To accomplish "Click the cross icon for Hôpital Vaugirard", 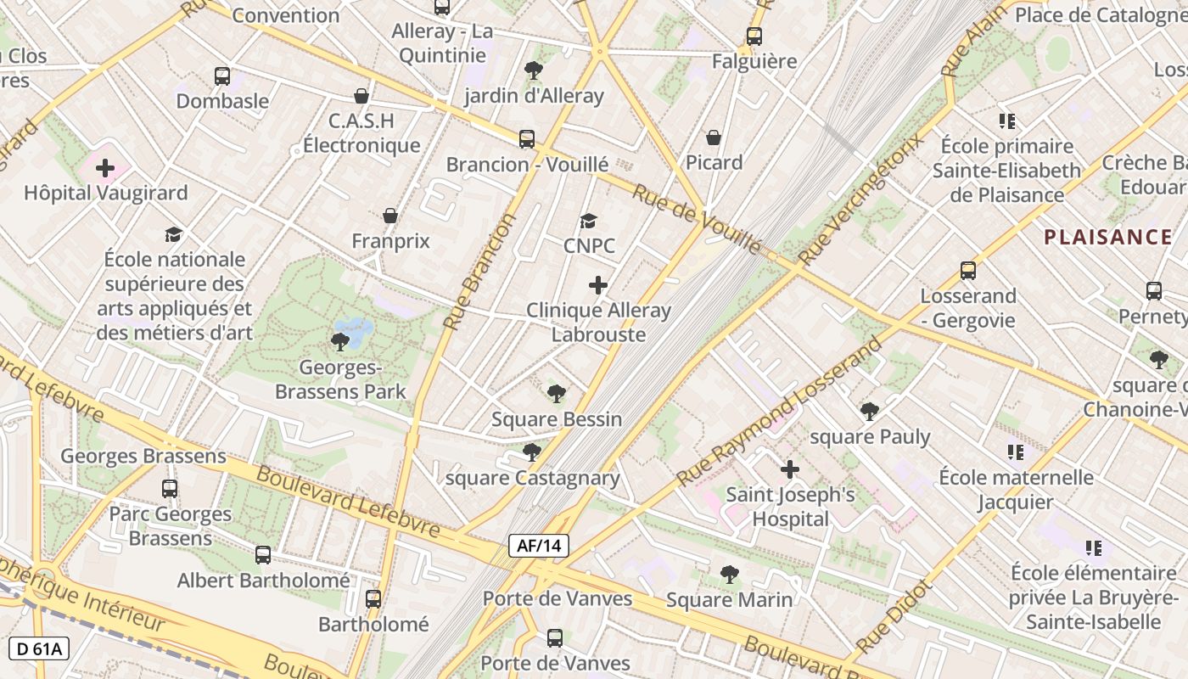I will pos(105,168).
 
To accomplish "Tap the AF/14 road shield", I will pos(539,546).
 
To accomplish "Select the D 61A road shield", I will pos(39,648).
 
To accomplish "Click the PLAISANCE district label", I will pos(1107,237).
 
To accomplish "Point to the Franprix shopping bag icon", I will pos(390,216).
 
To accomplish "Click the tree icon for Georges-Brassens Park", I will pos(339,342).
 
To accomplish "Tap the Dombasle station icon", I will pos(222,76).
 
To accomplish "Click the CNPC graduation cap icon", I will pos(588,222).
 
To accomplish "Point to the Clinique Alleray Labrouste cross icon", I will pos(598,285).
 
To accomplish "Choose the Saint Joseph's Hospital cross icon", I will pos(790,469).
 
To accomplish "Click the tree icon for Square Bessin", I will pos(557,394).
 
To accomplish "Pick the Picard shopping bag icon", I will pos(714,137).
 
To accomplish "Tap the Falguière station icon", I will pos(754,36).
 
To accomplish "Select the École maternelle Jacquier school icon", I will pos(1016,452).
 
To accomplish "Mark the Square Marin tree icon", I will pos(729,575).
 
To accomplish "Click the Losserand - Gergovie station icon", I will pos(968,271).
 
